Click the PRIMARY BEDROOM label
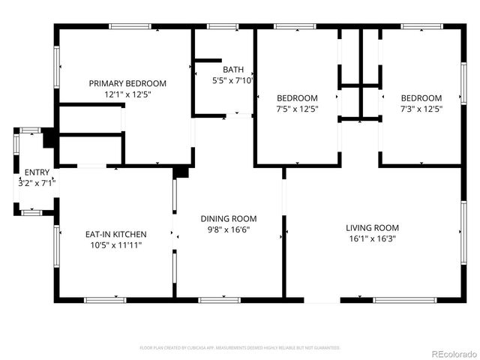pyautogui.click(x=127, y=83)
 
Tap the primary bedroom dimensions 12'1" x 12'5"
pyautogui.click(x=127, y=94)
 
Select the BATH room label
pyautogui.click(x=233, y=69)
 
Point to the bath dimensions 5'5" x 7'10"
pyautogui.click(x=233, y=80)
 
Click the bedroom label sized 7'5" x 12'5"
pyautogui.click(x=297, y=97)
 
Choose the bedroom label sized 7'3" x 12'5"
pyautogui.click(x=421, y=97)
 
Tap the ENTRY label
pyautogui.click(x=37, y=172)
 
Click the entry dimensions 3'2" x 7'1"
pyautogui.click(x=37, y=183)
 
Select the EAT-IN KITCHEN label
pyautogui.click(x=115, y=234)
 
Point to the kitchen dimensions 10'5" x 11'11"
pyautogui.click(x=115, y=245)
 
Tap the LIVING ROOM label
pyautogui.click(x=372, y=227)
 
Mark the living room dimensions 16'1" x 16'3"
pyautogui.click(x=372, y=238)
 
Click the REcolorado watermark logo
pyautogui.click(x=451, y=352)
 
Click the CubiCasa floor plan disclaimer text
pyautogui.click(x=240, y=347)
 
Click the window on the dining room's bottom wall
pyautogui.click(x=219, y=300)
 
